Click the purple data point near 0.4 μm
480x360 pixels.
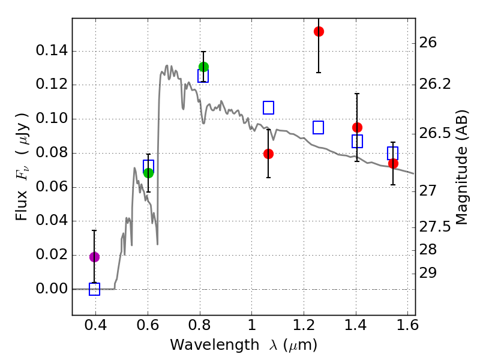pos(94,257)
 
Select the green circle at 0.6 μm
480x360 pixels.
pos(148,173)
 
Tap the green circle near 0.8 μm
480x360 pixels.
pos(203,67)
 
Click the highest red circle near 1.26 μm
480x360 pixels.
pos(319,31)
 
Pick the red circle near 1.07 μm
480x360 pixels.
pos(268,154)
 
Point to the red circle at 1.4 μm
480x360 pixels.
pos(357,127)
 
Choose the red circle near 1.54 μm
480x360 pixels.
pos(393,163)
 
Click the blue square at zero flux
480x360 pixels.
pos(94,289)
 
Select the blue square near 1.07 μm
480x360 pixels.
pos(268,107)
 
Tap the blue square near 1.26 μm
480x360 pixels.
pos(319,127)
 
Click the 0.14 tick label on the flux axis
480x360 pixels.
pos(51,51)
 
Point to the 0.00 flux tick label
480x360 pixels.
pos(51,289)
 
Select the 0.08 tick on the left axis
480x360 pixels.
pos(51,153)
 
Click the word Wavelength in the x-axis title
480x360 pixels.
pos(205,345)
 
